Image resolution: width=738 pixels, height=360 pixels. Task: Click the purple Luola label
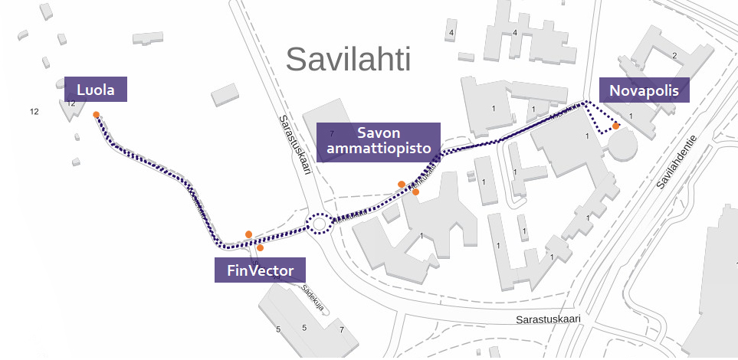[96, 90]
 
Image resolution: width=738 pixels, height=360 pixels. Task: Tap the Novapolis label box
[644, 90]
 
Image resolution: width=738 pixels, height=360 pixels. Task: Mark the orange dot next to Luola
[96, 115]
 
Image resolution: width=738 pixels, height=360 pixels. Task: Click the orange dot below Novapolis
[616, 126]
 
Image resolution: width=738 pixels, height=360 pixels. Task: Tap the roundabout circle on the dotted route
[320, 224]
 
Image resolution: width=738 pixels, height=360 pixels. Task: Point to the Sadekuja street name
[313, 298]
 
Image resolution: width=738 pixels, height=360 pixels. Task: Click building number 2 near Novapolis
[674, 55]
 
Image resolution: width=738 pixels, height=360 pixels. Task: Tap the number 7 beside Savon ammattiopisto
[332, 133]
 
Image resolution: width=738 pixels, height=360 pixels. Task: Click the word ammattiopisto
[378, 149]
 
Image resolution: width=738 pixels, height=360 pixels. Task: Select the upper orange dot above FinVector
[248, 234]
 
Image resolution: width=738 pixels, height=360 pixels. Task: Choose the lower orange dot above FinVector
[261, 247]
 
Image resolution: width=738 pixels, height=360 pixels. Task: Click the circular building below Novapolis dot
[622, 145]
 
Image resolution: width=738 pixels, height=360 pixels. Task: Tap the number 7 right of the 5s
[342, 329]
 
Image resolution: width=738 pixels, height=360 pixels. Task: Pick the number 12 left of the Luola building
[34, 112]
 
